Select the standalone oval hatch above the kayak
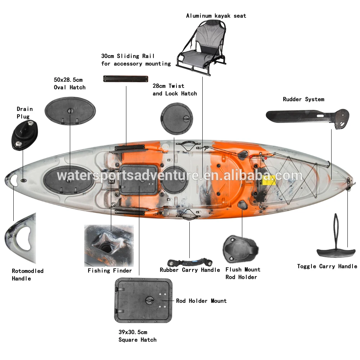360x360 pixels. click(x=70, y=111)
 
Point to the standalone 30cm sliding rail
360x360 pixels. click(x=126, y=78)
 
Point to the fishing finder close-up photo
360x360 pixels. click(x=109, y=245)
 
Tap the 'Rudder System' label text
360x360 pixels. click(x=303, y=99)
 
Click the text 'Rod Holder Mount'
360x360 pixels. click(x=201, y=301)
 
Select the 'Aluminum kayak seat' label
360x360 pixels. click(x=216, y=16)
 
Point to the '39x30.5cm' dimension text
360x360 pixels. click(x=133, y=332)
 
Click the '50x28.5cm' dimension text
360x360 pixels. click(x=68, y=80)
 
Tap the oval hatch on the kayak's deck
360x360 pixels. click(x=68, y=177)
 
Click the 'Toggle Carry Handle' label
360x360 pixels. click(x=327, y=266)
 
